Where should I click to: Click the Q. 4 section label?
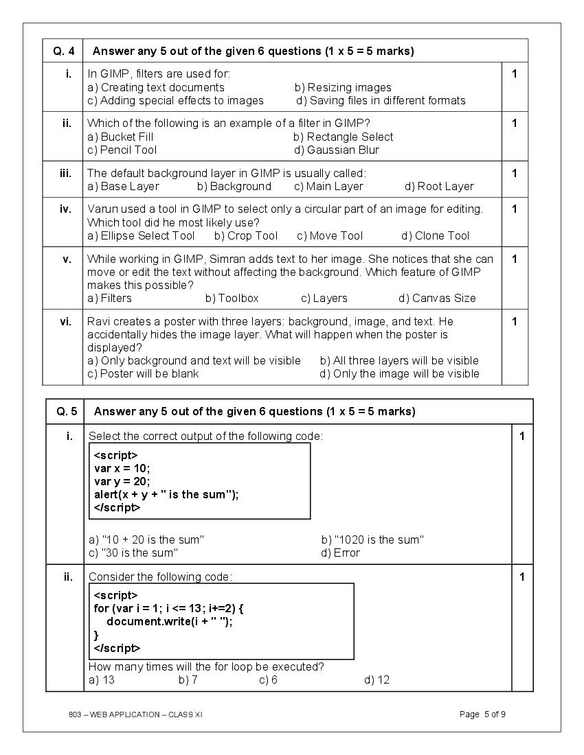(x=63, y=51)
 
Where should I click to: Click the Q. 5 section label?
(x=66, y=412)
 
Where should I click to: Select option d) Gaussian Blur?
(x=336, y=150)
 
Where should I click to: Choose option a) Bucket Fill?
(x=120, y=137)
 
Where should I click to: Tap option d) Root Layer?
(x=439, y=186)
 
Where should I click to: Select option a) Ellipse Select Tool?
(x=141, y=235)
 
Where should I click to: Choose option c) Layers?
(x=324, y=298)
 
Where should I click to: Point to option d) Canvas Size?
(x=437, y=298)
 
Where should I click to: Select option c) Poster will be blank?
(x=143, y=373)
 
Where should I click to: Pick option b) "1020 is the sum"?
(x=372, y=539)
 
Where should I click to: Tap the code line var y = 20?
(x=122, y=480)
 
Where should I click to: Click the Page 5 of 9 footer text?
(x=482, y=715)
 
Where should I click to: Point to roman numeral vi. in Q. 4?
(x=65, y=321)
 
